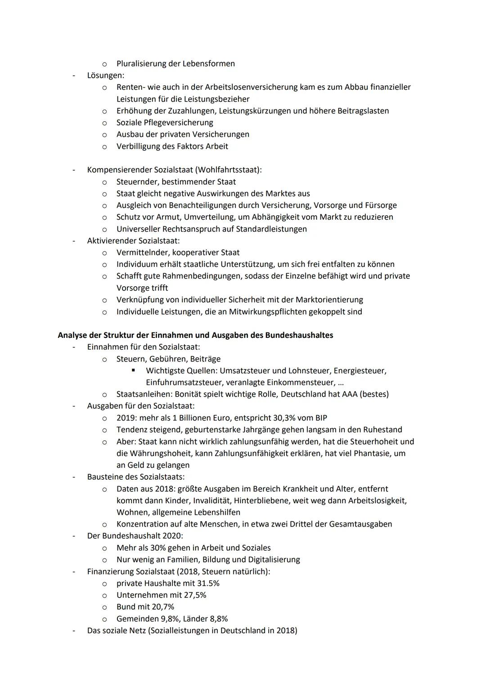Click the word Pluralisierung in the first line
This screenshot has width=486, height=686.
click(141, 63)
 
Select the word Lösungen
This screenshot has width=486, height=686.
click(105, 75)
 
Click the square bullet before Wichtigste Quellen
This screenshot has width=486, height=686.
click(133, 371)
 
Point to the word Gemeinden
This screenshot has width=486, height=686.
click(137, 619)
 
